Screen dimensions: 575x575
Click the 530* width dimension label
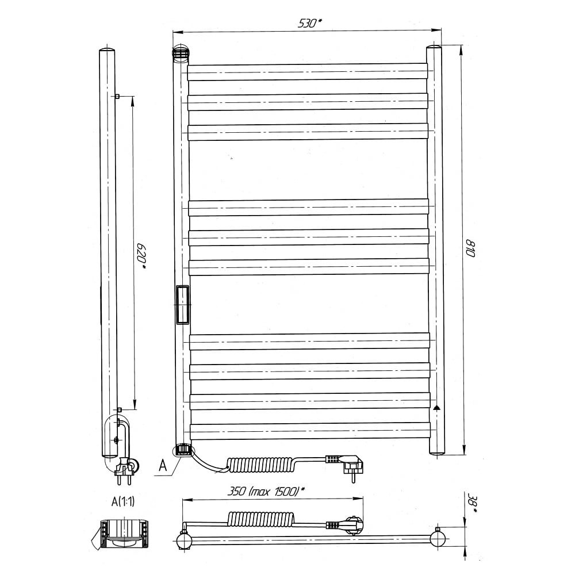[310, 23]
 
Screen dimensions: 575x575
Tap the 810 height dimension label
[470, 248]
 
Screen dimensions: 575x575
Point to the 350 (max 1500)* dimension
[267, 491]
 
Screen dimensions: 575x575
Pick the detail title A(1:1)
[123, 501]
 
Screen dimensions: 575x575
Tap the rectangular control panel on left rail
[182, 305]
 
